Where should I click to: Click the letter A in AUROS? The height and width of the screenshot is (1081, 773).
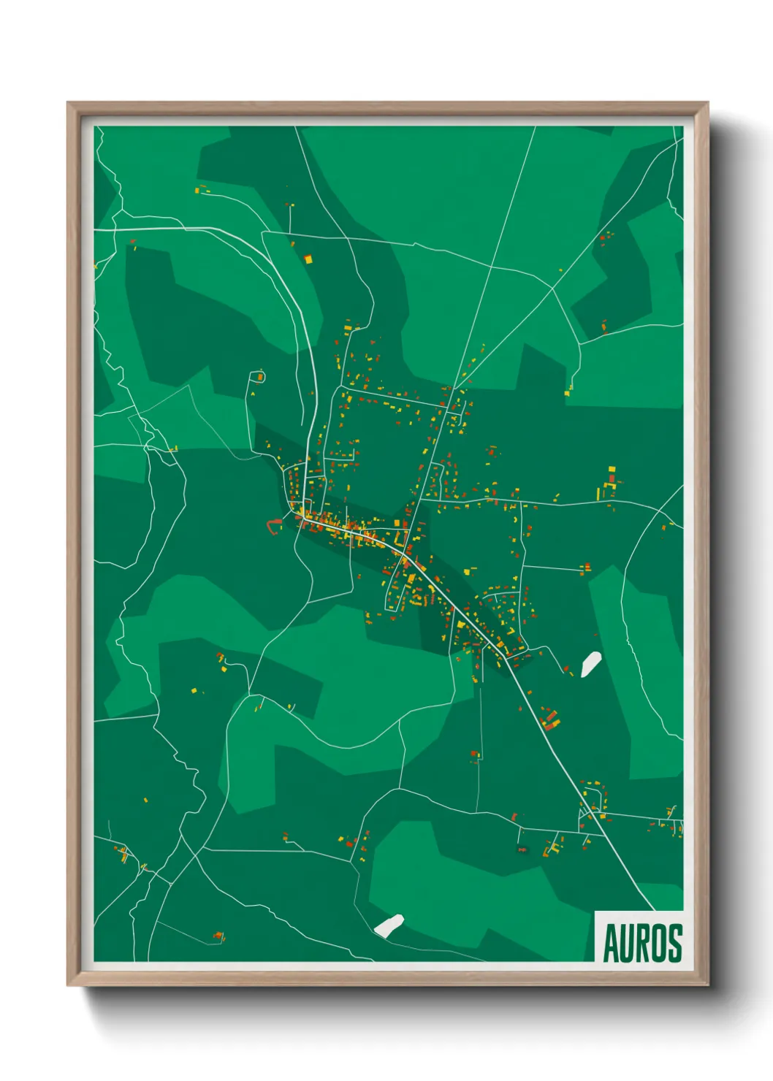point(611,943)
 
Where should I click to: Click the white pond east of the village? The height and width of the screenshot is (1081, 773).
point(590,664)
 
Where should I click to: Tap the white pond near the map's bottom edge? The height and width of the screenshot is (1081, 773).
point(389,925)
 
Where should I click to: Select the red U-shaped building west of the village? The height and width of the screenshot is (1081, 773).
point(274,524)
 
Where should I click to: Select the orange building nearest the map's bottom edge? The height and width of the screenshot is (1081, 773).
point(218,936)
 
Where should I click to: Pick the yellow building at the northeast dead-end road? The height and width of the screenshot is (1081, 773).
point(567,394)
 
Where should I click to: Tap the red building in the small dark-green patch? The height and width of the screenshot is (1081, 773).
point(604,326)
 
